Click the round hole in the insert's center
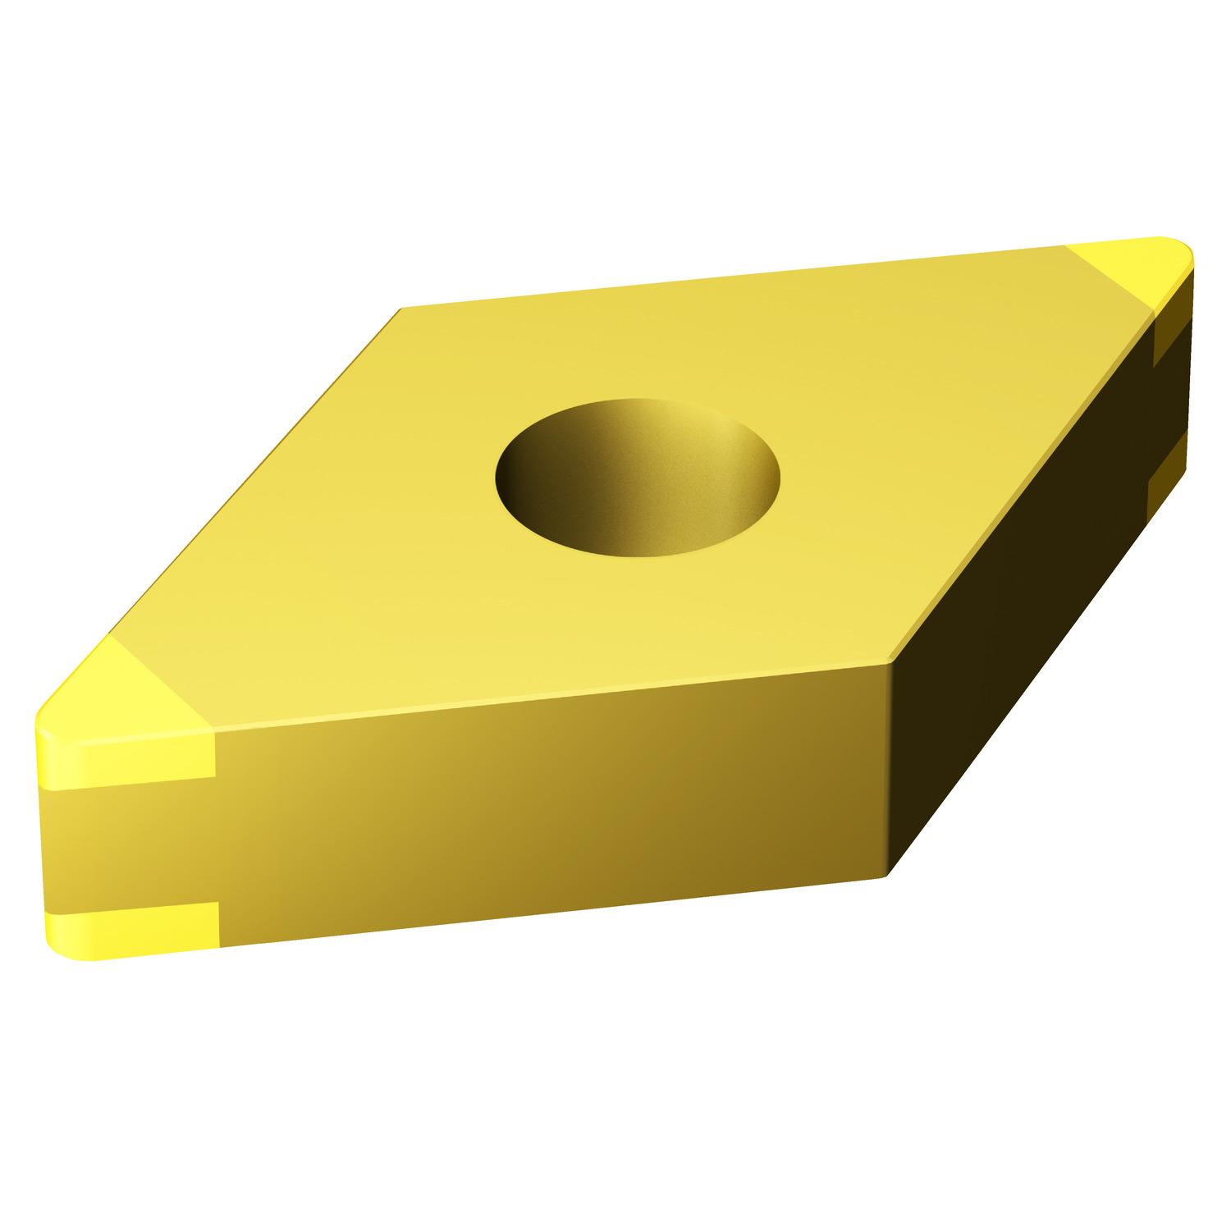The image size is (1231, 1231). pyautogui.click(x=638, y=477)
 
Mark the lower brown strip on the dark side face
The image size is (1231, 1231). pyautogui.click(x=1164, y=468)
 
